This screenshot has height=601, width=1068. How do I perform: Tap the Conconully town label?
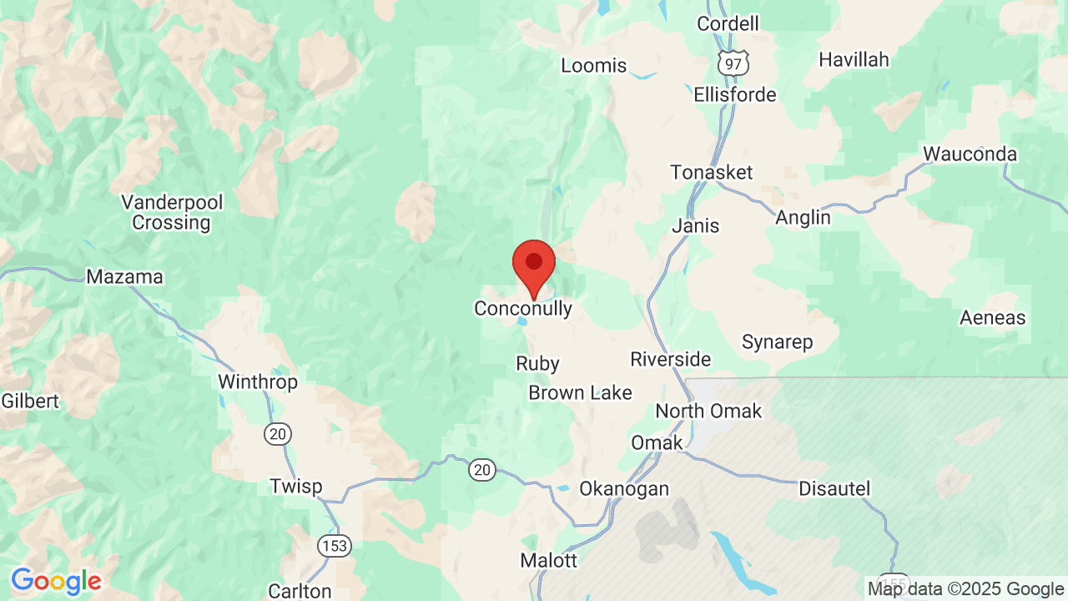click(x=523, y=309)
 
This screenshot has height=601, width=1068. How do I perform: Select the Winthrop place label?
click(x=258, y=382)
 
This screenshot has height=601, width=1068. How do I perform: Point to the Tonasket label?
click(x=712, y=173)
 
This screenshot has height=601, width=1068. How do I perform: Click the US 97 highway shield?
click(x=735, y=62)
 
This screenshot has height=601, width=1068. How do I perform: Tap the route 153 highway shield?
click(x=334, y=546)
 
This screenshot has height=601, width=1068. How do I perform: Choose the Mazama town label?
click(x=125, y=277)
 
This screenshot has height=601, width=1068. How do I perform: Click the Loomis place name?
click(x=593, y=66)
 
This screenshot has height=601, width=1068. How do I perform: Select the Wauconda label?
click(x=970, y=154)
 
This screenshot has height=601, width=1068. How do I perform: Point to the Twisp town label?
click(x=296, y=487)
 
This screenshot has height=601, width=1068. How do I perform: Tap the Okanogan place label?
click(x=624, y=489)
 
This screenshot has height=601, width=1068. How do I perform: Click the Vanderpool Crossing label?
click(x=171, y=213)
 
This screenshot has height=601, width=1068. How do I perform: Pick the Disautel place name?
click(x=834, y=489)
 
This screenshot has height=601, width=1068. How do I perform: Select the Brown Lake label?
click(x=580, y=393)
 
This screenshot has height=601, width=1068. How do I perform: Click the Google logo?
click(x=56, y=581)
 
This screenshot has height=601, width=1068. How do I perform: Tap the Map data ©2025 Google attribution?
click(x=965, y=589)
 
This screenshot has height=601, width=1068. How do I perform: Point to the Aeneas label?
click(x=992, y=318)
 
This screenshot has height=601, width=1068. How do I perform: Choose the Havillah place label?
click(x=854, y=60)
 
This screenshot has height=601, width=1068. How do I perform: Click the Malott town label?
click(x=548, y=561)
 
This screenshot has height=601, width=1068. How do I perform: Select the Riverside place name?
click(x=671, y=360)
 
